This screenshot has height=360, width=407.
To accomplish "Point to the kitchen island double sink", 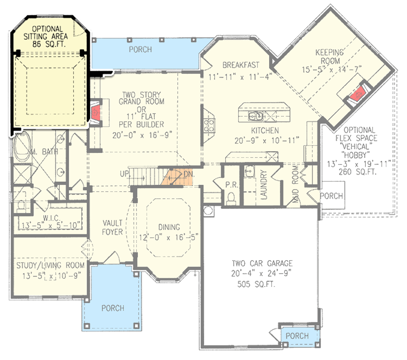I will click(256, 117).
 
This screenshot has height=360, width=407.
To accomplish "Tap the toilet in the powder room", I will click(231, 198).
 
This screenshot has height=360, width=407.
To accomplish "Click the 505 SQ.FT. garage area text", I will click(256, 285).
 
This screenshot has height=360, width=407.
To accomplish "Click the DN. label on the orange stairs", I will click(188, 173).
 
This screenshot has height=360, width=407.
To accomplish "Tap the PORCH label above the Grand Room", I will click(140, 49).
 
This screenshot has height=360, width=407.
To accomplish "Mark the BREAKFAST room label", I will click(241, 64).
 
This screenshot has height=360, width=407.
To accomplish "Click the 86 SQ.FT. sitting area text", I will click(50, 45).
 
